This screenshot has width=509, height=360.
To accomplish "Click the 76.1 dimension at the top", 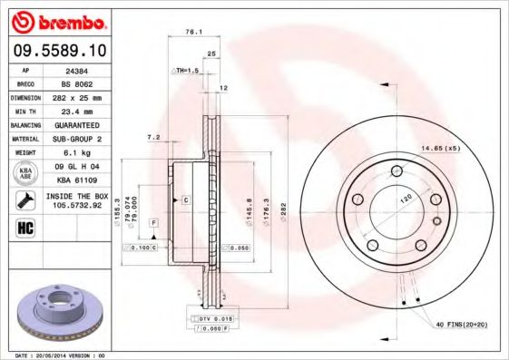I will [x=192, y=32].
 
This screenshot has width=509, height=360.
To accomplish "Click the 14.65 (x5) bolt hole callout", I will [x=440, y=148].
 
